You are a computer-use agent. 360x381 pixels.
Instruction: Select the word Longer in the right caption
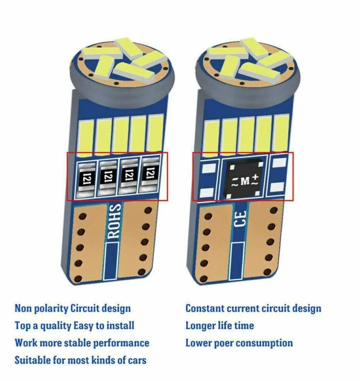click(x=200, y=326)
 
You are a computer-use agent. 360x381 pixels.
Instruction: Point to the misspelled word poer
click(x=224, y=343)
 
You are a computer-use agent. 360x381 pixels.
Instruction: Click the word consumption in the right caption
click(x=265, y=343)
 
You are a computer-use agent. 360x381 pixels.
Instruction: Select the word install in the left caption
click(x=120, y=326)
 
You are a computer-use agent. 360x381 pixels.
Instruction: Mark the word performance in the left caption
click(x=122, y=343)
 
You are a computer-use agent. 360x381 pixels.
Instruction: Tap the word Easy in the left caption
click(x=84, y=326)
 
